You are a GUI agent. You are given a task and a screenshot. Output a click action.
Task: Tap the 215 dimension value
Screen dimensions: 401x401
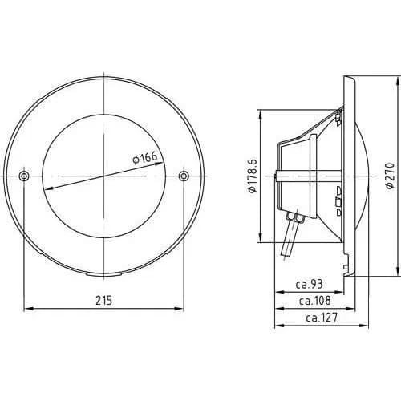[x=104, y=301]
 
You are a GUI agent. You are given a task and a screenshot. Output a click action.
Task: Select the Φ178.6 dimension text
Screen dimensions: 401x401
[x=253, y=176]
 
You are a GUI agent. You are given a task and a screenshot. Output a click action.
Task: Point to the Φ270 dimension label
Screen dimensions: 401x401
[x=391, y=176]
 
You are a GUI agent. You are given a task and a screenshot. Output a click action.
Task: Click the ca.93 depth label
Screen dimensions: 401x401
[x=310, y=284]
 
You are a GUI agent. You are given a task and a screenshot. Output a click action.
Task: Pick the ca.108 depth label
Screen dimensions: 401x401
[x=314, y=301]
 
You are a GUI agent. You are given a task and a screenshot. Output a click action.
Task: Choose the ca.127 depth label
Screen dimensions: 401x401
[x=322, y=318]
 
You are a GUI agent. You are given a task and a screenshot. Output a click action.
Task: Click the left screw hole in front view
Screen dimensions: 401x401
[x=24, y=176]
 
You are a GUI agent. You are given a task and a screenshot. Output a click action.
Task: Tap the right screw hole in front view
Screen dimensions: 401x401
[x=184, y=176]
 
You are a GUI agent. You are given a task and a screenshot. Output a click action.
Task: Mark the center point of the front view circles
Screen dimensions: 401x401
[x=104, y=176]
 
